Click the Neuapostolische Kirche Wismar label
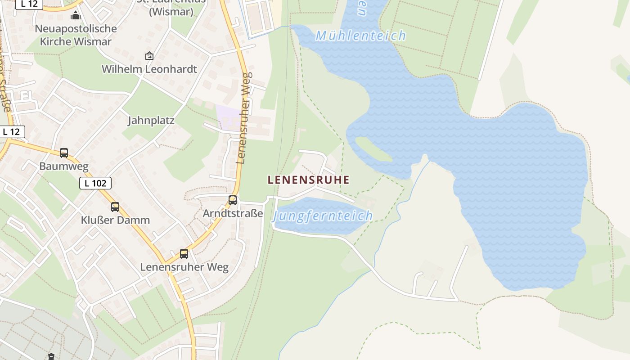pos(76,35)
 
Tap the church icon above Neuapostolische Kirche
pos(76,16)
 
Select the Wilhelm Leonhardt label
pos(149,69)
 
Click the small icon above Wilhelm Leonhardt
pos(149,56)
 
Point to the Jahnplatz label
pos(151,121)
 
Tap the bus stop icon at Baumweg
pos(64,153)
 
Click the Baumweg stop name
pos(64,166)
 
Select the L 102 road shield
pos(95,183)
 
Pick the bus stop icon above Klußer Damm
pos(115,207)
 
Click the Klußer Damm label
pos(115,220)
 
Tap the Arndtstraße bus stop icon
pos(233,200)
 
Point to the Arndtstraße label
pos(233,213)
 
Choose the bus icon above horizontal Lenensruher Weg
pos(184,254)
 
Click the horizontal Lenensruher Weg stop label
pos(184,267)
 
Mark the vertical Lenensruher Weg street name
pos(243,118)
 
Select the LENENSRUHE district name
pos(308,180)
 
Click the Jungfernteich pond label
pos(322,216)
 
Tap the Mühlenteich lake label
pos(360,36)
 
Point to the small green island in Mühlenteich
pos(373,149)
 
